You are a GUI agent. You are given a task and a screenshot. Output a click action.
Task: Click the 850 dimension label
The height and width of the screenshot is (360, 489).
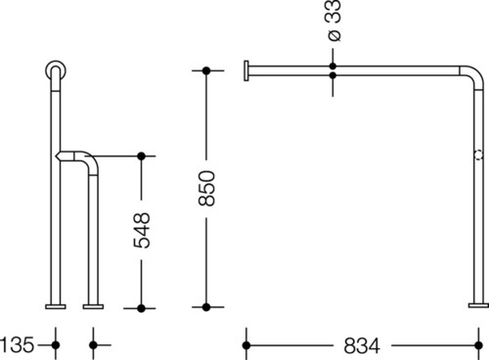coord(206,188)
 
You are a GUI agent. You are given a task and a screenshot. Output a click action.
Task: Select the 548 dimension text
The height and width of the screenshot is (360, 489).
coord(142,231)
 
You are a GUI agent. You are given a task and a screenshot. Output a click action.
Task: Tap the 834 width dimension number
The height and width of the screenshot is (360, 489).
coord(362,345)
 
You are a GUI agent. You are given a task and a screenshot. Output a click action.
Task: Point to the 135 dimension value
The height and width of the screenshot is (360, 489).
coord(17,344)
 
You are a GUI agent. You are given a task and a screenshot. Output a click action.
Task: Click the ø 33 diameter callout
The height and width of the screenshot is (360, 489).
coord(333,21)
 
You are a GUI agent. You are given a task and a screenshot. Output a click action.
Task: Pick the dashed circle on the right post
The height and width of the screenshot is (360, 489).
coord(478,155)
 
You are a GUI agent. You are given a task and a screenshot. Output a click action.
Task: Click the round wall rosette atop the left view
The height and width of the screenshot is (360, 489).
coord(56,69)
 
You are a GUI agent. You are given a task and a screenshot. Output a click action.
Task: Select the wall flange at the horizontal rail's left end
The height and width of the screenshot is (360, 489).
coord(246,70)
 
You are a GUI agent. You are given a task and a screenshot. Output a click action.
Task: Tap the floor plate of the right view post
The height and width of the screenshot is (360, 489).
coord(478,305)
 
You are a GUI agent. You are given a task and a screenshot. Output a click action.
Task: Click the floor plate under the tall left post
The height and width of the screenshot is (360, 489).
coord(56,306)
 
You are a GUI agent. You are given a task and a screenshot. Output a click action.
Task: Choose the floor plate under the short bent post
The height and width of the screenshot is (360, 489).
coord(93,306)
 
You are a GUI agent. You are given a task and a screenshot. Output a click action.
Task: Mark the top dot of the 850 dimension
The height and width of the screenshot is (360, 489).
coord(206,70)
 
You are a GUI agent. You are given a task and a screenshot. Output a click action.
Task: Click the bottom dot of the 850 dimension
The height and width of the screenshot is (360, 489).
coord(206,307)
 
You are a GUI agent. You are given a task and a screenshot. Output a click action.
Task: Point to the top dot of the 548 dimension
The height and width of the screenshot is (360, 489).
coord(141,157)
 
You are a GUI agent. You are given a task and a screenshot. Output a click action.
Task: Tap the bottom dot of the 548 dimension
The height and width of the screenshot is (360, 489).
coord(141,308)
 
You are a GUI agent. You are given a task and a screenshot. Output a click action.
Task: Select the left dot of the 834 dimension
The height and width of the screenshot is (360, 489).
coord(246,345)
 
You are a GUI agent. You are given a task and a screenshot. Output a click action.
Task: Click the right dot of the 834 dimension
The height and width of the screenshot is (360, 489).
coord(478,345)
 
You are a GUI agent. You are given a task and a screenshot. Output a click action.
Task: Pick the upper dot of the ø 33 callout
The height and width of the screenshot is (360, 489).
coord(333,67)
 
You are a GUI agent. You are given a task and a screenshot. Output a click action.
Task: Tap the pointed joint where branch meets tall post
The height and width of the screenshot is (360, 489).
coord(58,157)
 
